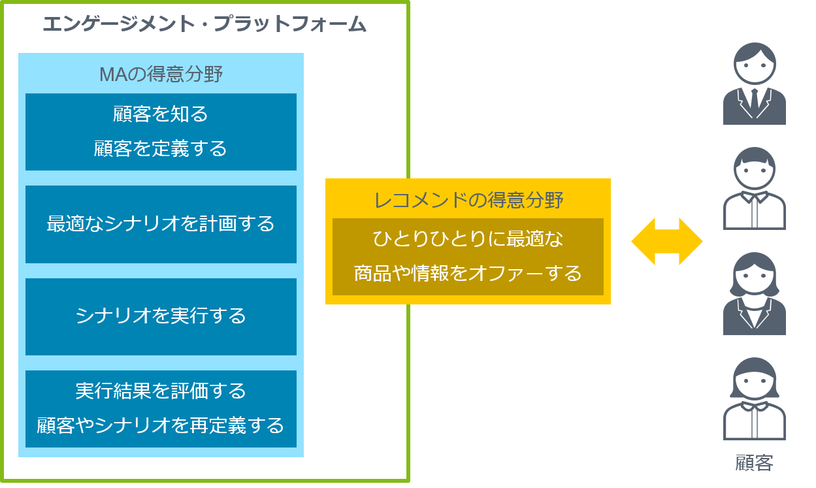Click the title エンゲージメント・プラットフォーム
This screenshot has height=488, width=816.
click(204, 24)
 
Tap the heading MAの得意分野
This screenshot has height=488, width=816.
click(161, 74)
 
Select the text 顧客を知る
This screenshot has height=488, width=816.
click(160, 114)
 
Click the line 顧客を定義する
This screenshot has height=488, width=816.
click(160, 148)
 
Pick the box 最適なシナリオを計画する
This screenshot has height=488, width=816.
click(161, 224)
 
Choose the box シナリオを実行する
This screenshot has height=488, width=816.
click(161, 316)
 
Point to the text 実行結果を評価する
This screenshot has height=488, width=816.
click(161, 391)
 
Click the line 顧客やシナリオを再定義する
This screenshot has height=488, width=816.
click(160, 425)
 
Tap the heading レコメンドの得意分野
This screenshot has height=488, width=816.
click(468, 201)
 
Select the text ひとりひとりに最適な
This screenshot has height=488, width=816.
click(468, 239)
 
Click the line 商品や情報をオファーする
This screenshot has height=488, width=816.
click(468, 274)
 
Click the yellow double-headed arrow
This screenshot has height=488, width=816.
click(666, 242)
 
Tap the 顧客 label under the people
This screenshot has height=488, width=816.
click(754, 463)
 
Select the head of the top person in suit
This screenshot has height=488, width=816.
click(755, 64)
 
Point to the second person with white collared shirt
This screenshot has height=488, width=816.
click(755, 189)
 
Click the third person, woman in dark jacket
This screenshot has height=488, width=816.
click(755, 293)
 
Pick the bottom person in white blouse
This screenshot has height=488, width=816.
click(755, 399)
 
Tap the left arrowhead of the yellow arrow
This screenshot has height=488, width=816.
click(644, 242)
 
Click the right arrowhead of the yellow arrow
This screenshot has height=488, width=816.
click(691, 242)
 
